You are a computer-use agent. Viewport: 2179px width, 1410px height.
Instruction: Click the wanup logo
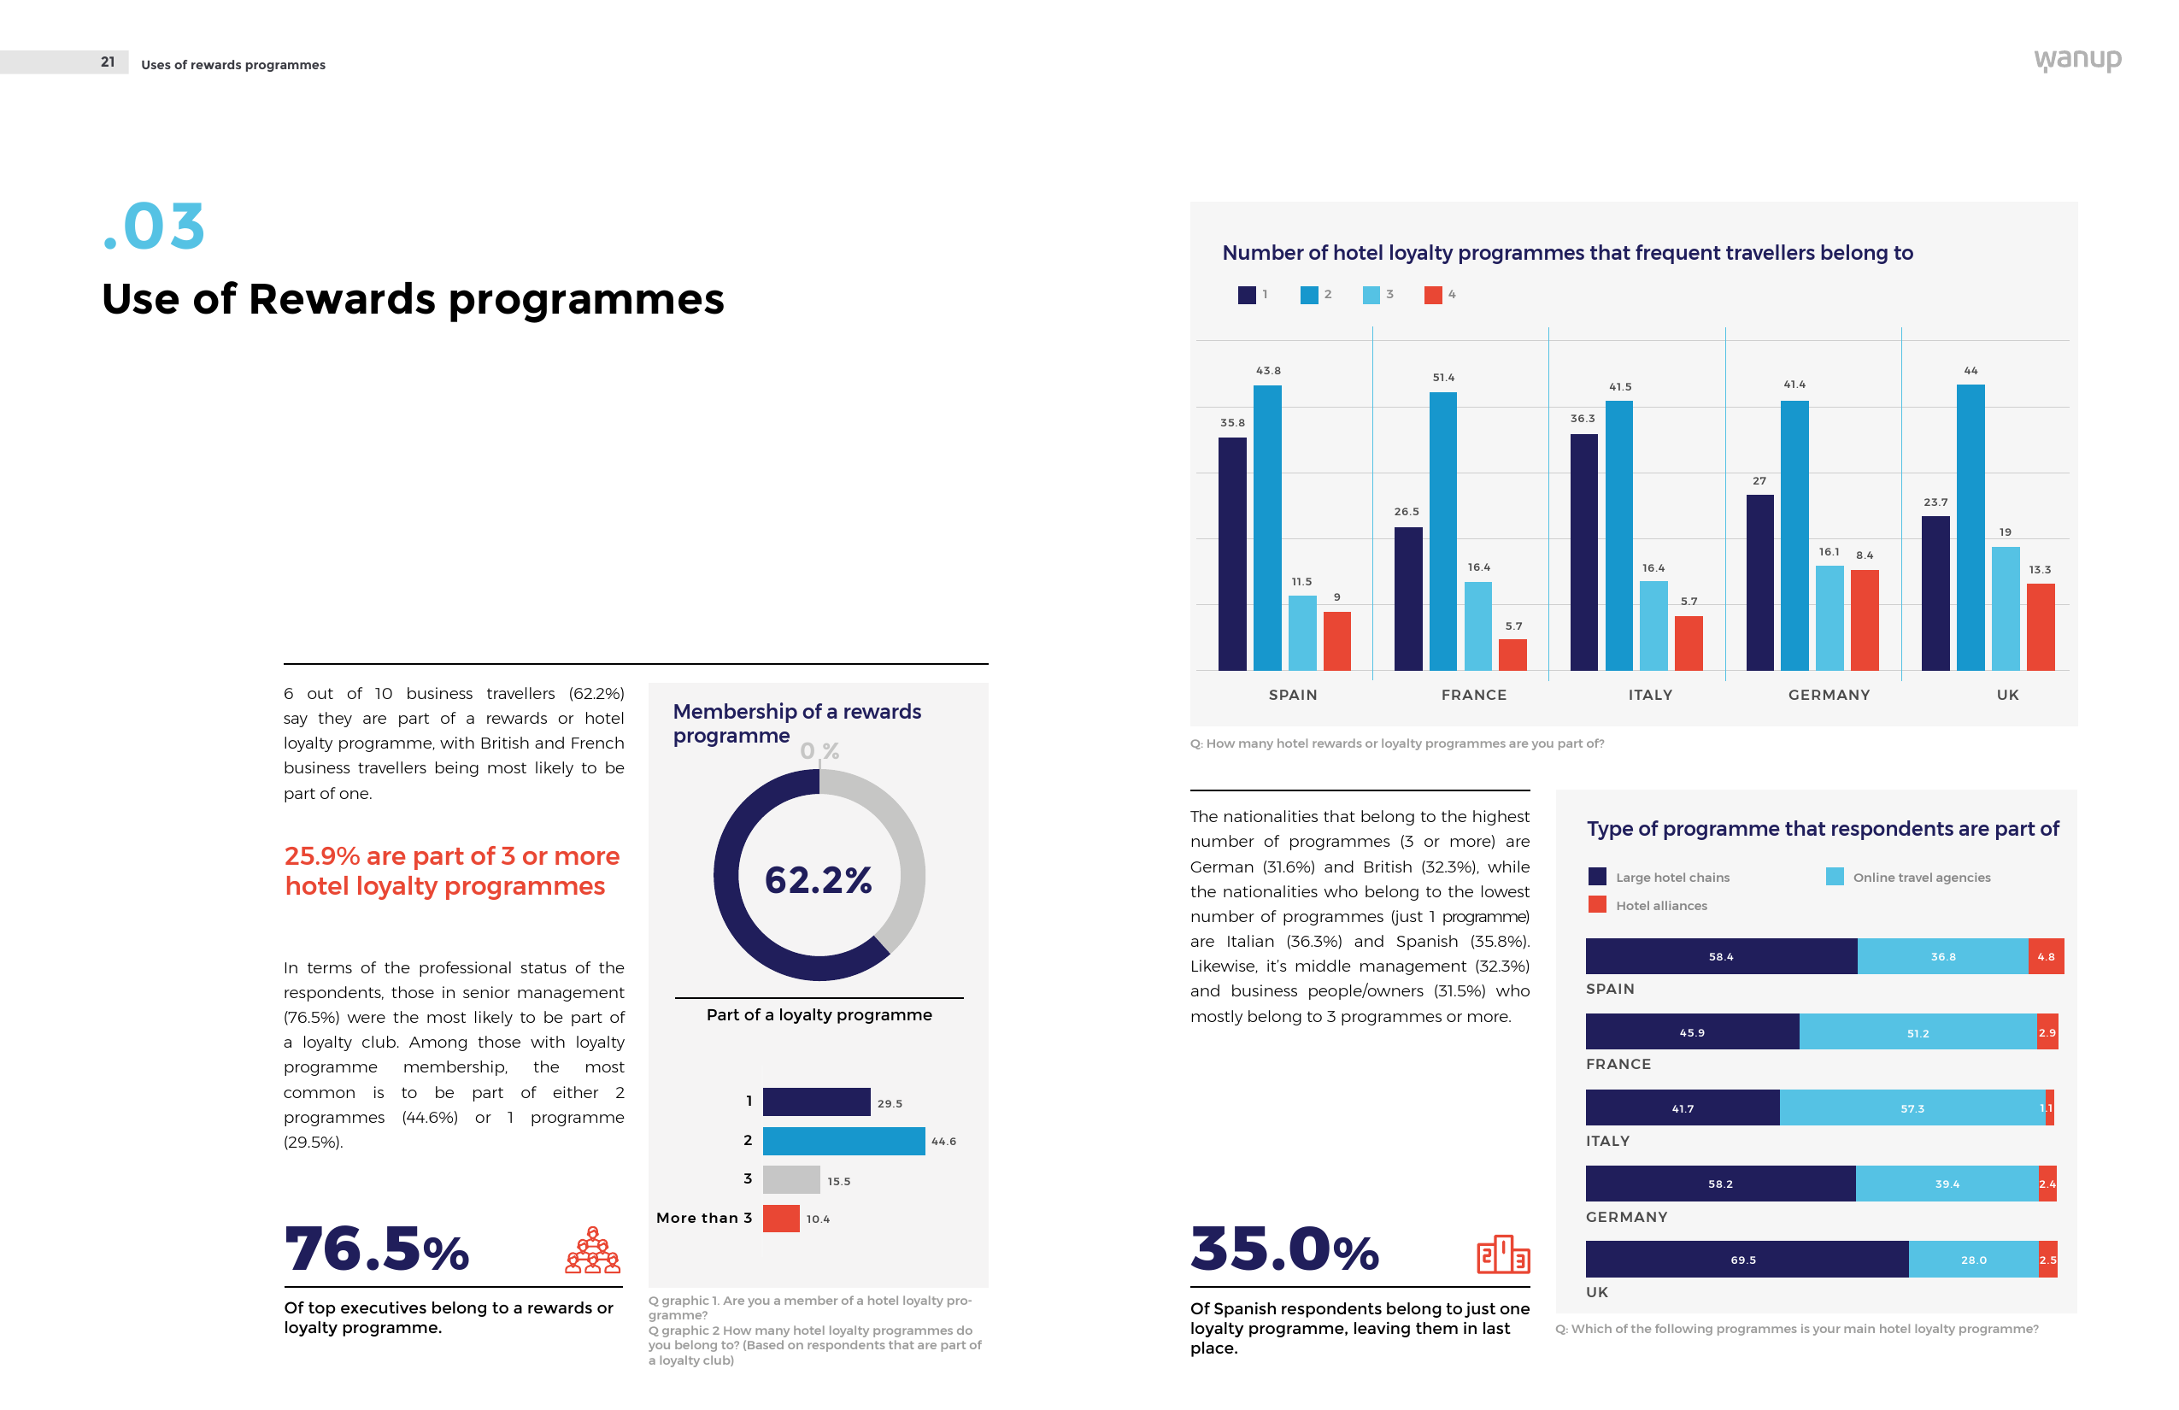pos(2076,61)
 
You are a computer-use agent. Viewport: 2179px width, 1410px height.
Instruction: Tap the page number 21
pos(108,62)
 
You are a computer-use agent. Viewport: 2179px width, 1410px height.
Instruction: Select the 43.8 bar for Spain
pos(1267,527)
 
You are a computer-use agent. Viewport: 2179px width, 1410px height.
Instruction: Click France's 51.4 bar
pos(1443,531)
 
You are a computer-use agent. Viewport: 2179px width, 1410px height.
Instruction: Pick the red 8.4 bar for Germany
pos(1864,620)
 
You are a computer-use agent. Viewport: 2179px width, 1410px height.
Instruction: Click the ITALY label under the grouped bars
pos(1650,695)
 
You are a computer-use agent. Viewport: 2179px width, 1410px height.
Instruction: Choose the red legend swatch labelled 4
pos(1433,295)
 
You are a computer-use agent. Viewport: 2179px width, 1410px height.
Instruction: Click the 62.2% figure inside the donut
pos(819,880)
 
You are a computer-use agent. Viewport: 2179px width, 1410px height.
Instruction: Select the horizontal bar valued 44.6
pos(843,1141)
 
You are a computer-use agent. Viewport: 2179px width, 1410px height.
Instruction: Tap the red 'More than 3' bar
pos(781,1219)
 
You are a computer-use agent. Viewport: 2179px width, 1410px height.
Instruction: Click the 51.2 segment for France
pos(1918,1033)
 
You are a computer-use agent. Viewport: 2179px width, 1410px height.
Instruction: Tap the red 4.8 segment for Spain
pos(2046,957)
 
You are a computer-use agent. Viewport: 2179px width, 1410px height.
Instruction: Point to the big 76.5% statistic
pos(376,1248)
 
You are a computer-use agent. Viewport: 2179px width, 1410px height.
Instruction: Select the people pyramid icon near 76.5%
pos(592,1251)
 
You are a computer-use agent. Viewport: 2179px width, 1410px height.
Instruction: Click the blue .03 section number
pos(154,226)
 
